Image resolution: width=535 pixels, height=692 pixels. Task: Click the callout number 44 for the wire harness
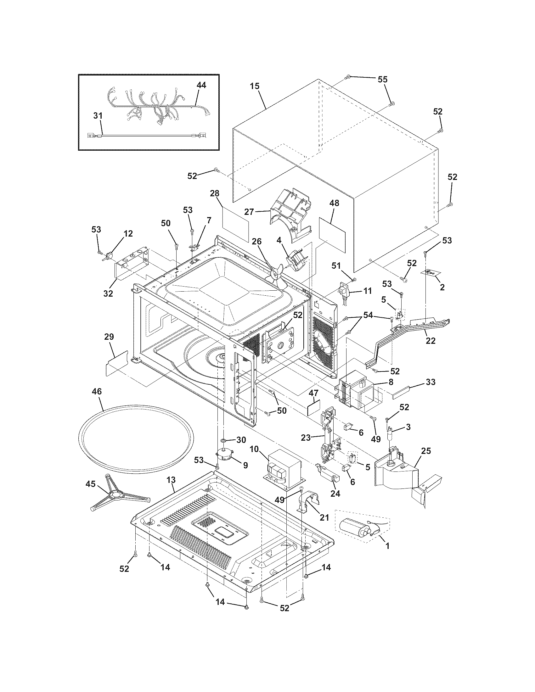click(201, 85)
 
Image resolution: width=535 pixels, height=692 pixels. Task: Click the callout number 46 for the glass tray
click(97, 392)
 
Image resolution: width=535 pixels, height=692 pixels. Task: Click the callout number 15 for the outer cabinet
click(255, 86)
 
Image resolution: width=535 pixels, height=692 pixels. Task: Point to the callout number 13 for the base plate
click(171, 480)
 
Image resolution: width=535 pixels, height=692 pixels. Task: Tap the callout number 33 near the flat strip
click(430, 382)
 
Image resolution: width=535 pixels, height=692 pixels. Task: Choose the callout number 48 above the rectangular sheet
click(334, 203)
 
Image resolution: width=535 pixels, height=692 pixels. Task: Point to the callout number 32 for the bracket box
click(108, 293)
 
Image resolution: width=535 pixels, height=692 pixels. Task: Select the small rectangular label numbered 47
click(313, 408)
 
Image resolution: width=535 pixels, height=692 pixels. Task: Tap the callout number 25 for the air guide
click(426, 451)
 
